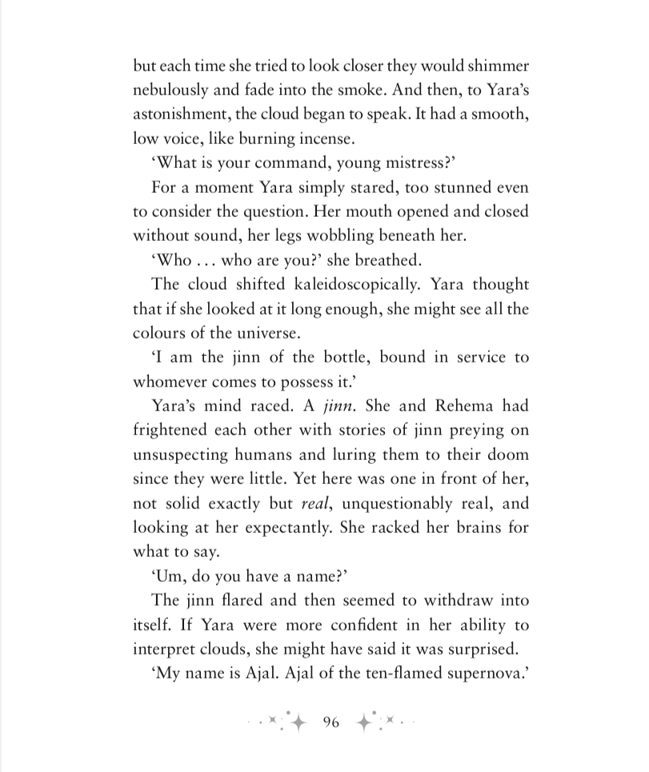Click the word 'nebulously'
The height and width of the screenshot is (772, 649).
tap(176, 90)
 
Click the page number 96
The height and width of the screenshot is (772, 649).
tap(331, 722)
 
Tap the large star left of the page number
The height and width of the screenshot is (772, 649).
tap(298, 722)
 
